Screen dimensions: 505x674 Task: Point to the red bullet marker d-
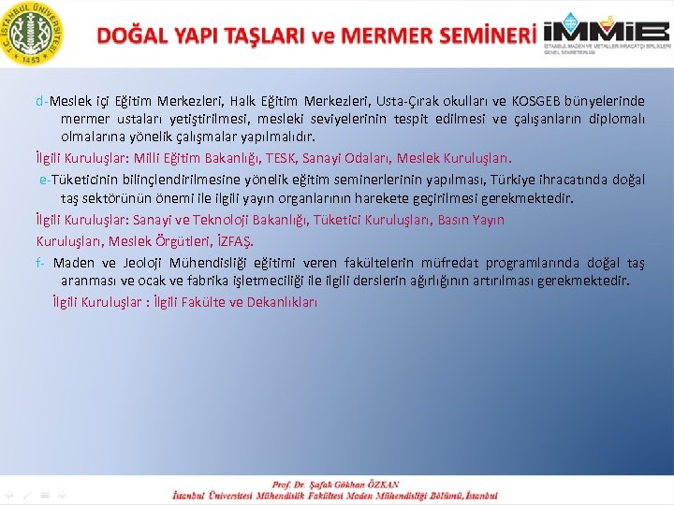pos(42,101)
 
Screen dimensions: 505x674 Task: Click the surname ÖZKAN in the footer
pos(380,484)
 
